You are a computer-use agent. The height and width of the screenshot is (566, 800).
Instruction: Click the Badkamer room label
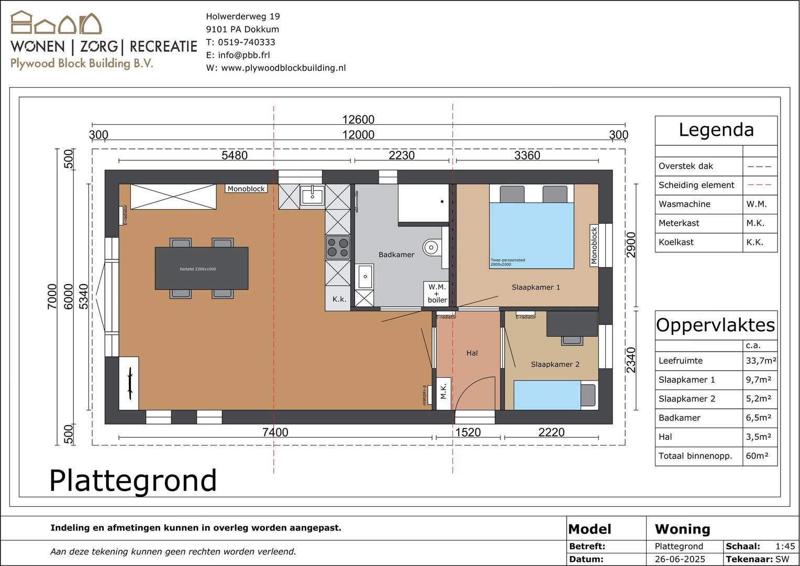[396, 255]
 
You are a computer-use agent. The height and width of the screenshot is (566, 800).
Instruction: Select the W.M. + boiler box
[437, 293]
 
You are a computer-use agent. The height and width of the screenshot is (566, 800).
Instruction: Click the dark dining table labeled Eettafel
[201, 268]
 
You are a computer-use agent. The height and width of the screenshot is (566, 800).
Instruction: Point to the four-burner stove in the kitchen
[338, 247]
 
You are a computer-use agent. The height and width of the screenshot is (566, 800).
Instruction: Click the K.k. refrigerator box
[339, 299]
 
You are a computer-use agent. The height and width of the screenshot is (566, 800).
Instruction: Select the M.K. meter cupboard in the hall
[443, 391]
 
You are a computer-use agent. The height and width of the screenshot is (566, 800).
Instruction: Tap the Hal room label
[472, 353]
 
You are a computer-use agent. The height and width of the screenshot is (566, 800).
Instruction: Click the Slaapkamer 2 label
[555, 364]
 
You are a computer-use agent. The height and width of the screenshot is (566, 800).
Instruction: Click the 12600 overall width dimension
[358, 119]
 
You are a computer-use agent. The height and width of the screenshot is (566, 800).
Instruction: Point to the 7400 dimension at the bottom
[275, 432]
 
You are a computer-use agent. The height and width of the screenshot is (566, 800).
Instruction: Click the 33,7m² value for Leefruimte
[760, 361]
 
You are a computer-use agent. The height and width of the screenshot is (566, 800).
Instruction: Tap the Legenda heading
[716, 130]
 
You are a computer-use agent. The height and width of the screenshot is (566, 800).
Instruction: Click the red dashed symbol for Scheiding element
[759, 185]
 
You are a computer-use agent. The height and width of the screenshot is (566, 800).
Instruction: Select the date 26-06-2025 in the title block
[680, 559]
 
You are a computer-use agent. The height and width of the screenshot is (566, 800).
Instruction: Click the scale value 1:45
[785, 546]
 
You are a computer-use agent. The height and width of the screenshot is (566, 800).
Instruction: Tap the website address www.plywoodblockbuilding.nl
[283, 68]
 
